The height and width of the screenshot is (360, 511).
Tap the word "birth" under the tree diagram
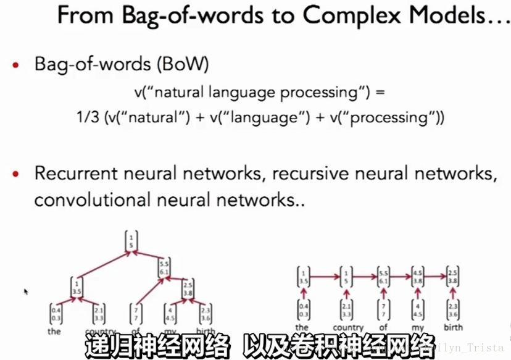point(206,331)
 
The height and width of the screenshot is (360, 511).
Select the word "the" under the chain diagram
point(302,327)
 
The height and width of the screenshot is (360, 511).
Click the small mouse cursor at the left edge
point(26,291)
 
